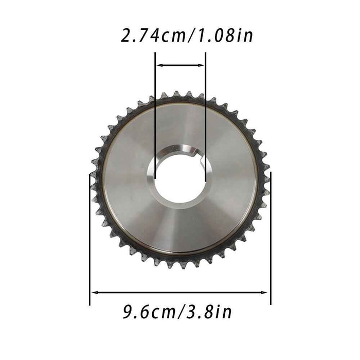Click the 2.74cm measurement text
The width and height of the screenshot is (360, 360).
[x=151, y=37]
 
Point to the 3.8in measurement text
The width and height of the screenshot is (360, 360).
[x=211, y=312]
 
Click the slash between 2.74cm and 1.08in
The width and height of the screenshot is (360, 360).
[x=187, y=37]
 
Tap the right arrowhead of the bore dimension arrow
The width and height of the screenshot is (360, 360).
[x=202, y=65]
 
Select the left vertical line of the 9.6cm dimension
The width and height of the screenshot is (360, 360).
[x=90, y=242]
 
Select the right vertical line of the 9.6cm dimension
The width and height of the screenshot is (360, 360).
[x=271, y=242]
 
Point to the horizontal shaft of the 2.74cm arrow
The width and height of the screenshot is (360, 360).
[x=180, y=65]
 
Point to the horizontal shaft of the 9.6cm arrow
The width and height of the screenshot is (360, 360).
[x=180, y=292]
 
